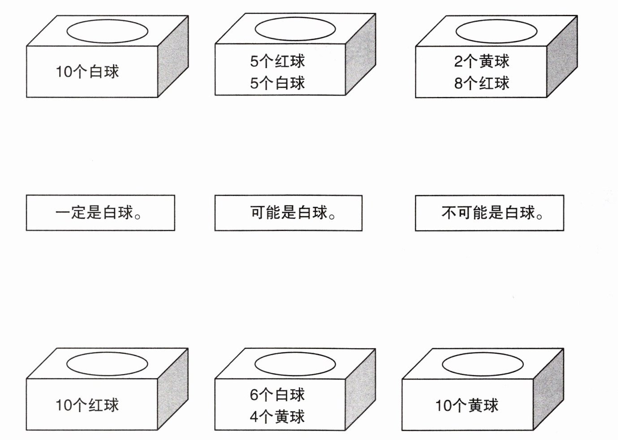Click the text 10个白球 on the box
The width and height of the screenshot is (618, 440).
(x=87, y=72)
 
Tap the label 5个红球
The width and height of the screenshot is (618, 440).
(x=277, y=61)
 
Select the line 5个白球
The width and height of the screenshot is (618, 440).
(x=277, y=83)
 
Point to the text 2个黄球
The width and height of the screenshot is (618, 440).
(x=482, y=61)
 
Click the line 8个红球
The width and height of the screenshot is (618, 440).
(x=482, y=83)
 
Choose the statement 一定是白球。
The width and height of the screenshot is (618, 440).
(x=100, y=213)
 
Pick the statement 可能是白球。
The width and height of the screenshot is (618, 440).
(x=288, y=213)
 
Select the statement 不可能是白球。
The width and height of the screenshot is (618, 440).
(x=489, y=213)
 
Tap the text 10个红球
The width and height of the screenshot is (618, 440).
(x=87, y=405)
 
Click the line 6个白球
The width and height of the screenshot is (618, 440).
(x=277, y=395)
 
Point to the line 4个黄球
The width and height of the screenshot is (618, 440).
(x=277, y=417)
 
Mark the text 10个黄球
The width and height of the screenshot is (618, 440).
(x=467, y=405)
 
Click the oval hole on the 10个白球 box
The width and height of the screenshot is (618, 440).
(x=107, y=31)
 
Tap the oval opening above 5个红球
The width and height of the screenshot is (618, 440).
(x=295, y=29)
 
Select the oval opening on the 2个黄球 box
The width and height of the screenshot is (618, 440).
(x=496, y=31)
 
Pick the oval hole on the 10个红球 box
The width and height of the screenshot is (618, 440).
(x=107, y=364)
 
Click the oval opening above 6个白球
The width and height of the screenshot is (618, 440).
(x=295, y=364)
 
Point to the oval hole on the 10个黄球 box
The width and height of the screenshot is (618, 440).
(x=483, y=364)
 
